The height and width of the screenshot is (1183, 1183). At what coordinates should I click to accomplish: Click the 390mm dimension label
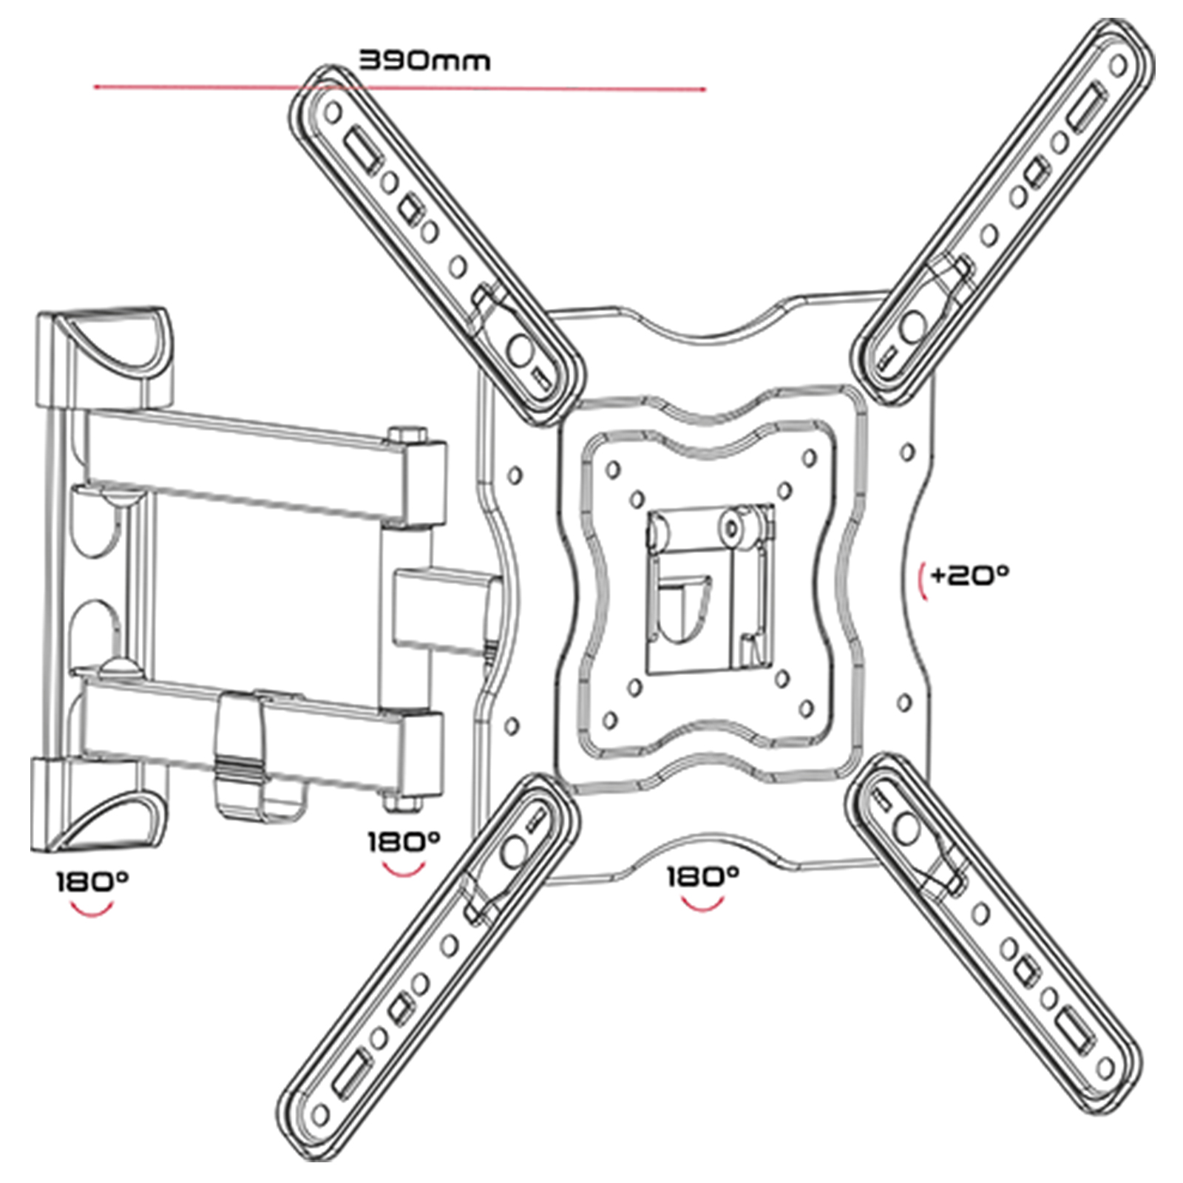coord(424,60)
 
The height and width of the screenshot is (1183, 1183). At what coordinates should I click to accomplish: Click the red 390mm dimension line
coord(399,88)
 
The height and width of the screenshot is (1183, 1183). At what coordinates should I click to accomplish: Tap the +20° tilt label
coord(969,574)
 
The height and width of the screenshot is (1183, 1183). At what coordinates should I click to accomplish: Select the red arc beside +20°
coord(921,582)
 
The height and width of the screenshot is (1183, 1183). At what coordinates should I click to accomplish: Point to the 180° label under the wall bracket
coord(92,881)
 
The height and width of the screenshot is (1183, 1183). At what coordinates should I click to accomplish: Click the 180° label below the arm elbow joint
coord(404,841)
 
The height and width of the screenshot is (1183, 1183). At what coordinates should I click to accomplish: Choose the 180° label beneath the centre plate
coord(702,876)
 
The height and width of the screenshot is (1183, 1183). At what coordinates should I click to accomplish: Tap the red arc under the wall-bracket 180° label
coord(92,909)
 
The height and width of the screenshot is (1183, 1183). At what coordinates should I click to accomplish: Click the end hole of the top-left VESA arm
coord(333,112)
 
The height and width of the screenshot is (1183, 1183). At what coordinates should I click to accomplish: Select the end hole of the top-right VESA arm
coord(1118,67)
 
